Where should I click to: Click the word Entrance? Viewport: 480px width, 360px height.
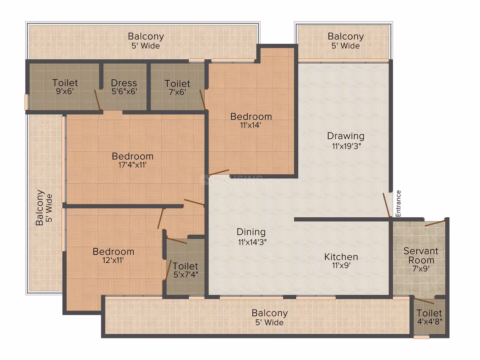click(x=398, y=204)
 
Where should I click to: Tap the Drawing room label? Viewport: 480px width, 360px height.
click(x=346, y=136)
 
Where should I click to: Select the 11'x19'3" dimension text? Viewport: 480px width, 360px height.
click(x=346, y=146)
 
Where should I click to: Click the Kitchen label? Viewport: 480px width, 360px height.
click(x=341, y=257)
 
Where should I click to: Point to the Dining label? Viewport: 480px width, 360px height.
click(x=251, y=232)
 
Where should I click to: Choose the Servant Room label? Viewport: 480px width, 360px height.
click(x=421, y=256)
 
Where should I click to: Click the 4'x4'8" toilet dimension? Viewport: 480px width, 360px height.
click(x=430, y=322)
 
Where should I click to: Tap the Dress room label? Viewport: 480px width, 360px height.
click(x=124, y=83)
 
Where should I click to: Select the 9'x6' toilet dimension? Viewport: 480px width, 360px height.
click(x=65, y=91)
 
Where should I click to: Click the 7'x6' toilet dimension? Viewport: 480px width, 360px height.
click(x=177, y=92)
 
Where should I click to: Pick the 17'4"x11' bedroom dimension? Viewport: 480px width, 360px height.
click(x=132, y=165)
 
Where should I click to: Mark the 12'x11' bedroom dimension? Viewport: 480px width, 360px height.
click(x=113, y=260)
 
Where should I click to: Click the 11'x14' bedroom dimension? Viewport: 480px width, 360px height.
click(x=251, y=125)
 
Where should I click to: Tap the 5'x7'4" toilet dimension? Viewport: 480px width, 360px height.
click(x=185, y=275)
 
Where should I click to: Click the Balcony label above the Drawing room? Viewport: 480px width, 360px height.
click(x=346, y=36)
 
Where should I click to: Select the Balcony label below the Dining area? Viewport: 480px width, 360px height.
click(x=270, y=313)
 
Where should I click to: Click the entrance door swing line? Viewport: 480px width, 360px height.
click(x=386, y=205)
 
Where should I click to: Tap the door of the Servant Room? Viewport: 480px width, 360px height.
click(x=435, y=223)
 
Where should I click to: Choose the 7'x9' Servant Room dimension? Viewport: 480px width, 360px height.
click(x=421, y=269)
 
